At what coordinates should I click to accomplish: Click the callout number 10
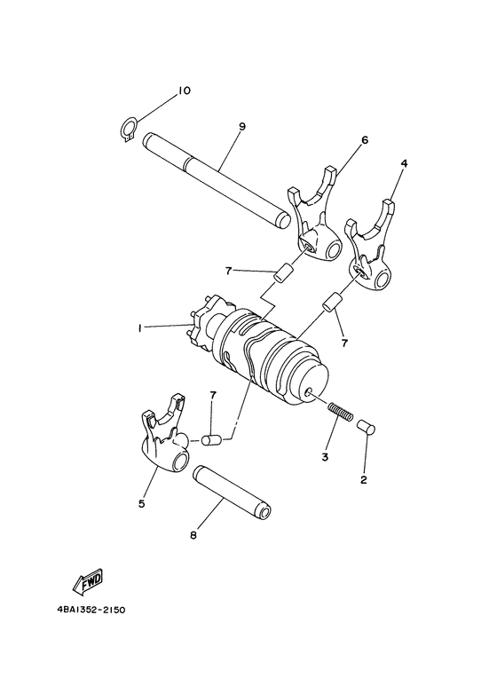(x=183, y=91)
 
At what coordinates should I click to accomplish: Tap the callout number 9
(x=241, y=127)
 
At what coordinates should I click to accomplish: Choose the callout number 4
(x=404, y=164)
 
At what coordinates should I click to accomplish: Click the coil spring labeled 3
(x=340, y=413)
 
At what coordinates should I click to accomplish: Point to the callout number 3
(x=325, y=456)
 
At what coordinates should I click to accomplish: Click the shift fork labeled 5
(x=166, y=441)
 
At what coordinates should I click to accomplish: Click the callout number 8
(x=194, y=536)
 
